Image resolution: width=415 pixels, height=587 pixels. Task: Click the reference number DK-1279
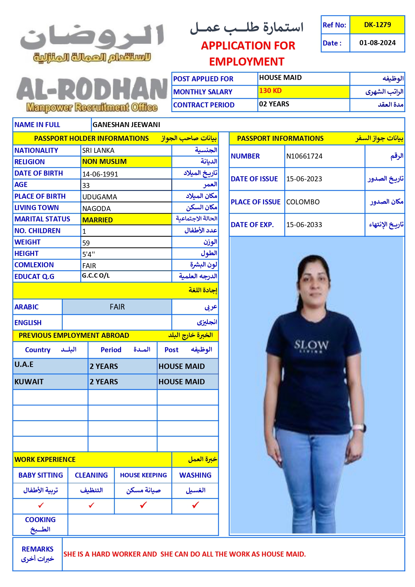tap(377, 25)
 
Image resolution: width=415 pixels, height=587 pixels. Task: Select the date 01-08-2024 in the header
tap(377, 43)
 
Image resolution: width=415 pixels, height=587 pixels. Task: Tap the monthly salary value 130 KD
tap(271, 91)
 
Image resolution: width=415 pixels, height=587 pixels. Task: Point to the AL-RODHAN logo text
tap(92, 89)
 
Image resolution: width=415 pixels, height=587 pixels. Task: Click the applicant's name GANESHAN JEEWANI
tap(126, 125)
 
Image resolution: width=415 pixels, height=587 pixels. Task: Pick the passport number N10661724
tap(304, 156)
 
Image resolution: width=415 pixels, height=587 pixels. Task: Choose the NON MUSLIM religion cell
tap(105, 162)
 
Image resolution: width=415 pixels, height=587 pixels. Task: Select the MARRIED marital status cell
tap(98, 220)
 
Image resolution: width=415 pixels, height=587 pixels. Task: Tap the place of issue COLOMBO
tap(303, 202)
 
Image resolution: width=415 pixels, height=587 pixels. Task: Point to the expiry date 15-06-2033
tap(304, 225)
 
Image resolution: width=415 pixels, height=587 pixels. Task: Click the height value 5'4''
tap(89, 254)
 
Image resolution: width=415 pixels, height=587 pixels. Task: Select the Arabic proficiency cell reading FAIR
tap(117, 307)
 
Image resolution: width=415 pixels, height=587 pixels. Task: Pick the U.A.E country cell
tap(24, 365)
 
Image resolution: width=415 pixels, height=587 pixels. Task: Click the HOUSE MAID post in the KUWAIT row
tap(182, 382)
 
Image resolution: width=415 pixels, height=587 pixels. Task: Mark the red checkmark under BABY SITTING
tap(41, 505)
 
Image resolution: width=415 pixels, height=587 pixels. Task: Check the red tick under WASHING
tap(196, 505)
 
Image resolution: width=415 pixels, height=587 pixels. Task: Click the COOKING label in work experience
tap(40, 520)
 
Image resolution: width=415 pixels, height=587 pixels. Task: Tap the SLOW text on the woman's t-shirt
tap(311, 345)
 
